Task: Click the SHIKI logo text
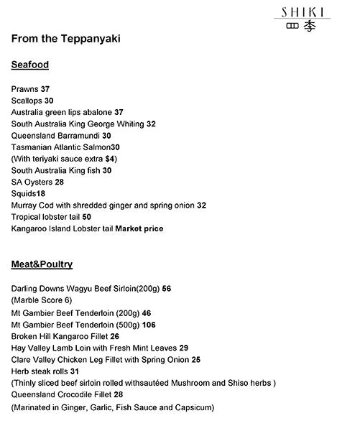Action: click(302, 12)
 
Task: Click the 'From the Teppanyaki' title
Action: click(65, 38)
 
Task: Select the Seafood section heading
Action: click(30, 65)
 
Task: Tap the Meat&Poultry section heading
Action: click(42, 264)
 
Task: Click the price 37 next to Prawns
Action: click(45, 89)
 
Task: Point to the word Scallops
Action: click(27, 101)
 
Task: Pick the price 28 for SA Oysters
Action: click(60, 182)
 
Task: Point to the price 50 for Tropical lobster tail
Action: click(87, 216)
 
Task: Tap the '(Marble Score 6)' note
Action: click(42, 300)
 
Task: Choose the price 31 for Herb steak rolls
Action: click(75, 371)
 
